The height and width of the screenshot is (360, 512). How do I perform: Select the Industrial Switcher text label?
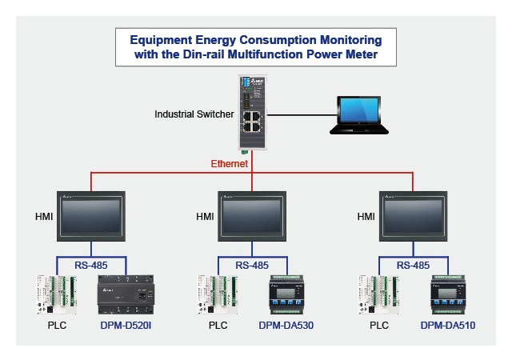pos(193,114)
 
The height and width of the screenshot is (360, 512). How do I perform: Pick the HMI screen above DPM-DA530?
pos(253,216)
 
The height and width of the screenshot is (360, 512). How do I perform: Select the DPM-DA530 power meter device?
pos(286,294)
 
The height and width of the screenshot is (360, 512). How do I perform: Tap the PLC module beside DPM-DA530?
pos(218,294)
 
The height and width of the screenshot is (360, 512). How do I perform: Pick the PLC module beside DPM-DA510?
pos(380,294)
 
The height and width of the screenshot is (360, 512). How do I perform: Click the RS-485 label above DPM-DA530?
pos(253,265)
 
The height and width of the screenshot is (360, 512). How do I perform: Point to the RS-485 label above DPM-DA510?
pos(414,265)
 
